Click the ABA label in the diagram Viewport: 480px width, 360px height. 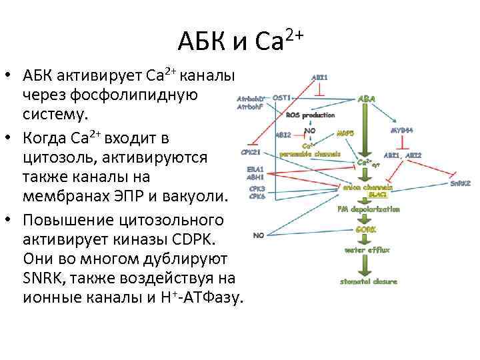367,98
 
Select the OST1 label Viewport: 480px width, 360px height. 281,97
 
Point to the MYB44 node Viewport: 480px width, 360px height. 402,130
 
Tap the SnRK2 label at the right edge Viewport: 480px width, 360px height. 460,183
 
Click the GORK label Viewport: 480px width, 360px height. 366,229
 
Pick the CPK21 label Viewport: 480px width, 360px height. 250,151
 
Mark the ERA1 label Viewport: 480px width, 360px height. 255,169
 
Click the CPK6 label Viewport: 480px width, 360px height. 257,196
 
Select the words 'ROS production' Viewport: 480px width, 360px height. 310,115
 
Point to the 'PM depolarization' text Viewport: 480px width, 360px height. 369,209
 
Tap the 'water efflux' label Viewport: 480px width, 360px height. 367,250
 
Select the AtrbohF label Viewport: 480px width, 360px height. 250,107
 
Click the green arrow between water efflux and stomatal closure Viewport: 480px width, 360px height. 366,265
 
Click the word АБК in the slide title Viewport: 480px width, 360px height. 202,42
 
